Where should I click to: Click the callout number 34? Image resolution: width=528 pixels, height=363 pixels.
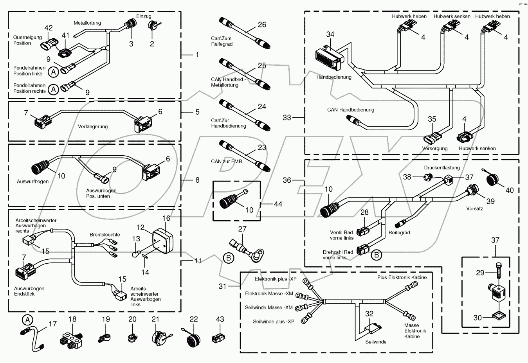coord(330,34)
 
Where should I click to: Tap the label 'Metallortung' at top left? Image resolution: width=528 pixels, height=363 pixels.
coord(87,23)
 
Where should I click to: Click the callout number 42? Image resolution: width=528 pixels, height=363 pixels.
coord(49,28)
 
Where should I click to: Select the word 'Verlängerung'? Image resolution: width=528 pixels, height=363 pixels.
coord(93,126)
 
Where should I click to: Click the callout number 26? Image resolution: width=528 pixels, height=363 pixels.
coord(262,25)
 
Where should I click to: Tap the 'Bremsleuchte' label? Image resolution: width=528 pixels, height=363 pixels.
coord(105,235)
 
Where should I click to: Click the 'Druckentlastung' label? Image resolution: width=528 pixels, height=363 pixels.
coord(442,168)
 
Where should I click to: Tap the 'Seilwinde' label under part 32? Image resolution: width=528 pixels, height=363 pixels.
coord(376,342)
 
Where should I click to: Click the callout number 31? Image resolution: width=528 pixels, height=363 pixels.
coord(222,286)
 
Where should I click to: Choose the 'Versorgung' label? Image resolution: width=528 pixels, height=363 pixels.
coord(434,149)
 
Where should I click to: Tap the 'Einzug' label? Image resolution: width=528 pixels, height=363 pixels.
coord(144,16)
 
